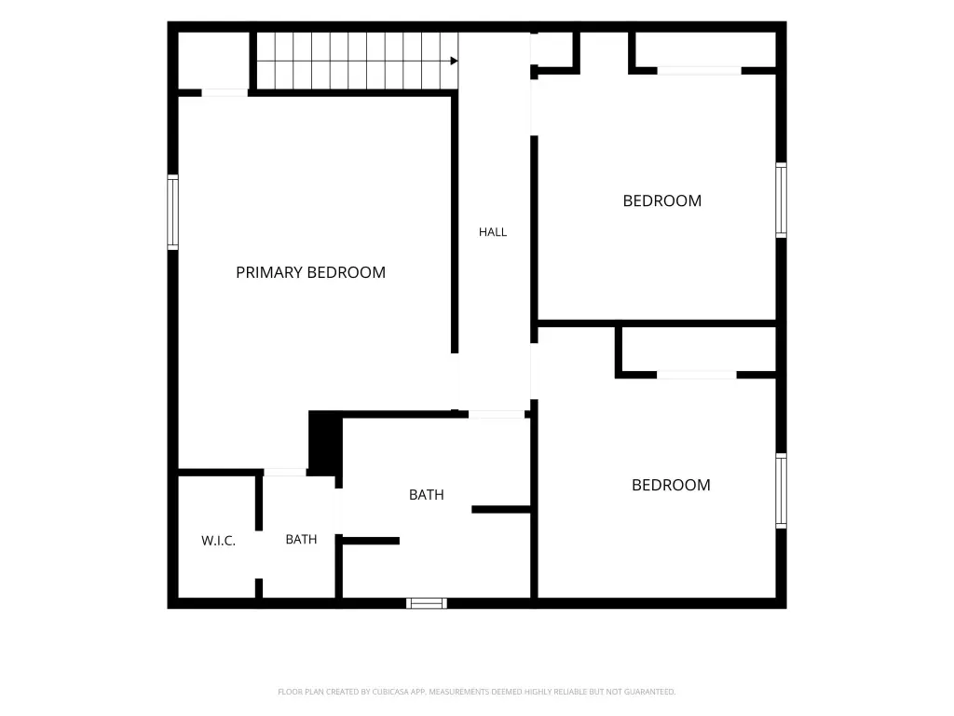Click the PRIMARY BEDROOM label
[310, 272]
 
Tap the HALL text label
[492, 232]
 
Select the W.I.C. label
[218, 541]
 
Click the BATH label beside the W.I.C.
[301, 540]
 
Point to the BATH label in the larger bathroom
[426, 495]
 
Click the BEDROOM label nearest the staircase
[662, 201]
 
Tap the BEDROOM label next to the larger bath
[671, 485]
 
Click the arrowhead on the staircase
[454, 61]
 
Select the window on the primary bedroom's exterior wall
[172, 212]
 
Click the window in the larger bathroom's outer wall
[427, 603]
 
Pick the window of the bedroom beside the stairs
[782, 200]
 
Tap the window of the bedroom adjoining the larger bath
[782, 490]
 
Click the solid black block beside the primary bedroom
[325, 443]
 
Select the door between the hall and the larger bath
[497, 415]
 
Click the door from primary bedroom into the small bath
[285, 473]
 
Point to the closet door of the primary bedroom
[225, 92]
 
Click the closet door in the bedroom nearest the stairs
[699, 71]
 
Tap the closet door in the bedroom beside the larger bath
[697, 375]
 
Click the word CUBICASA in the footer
[390, 692]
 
